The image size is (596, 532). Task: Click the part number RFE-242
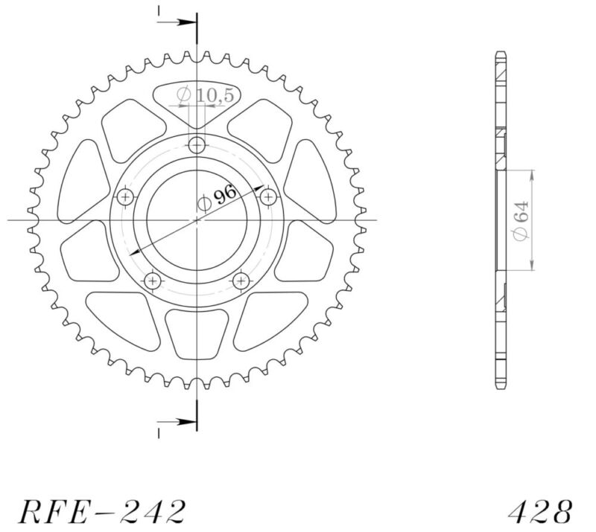pyautogui.click(x=101, y=511)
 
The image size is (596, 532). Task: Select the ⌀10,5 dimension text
pyautogui.click(x=197, y=94)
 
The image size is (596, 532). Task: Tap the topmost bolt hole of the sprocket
pyautogui.click(x=197, y=144)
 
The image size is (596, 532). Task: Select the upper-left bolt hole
pyautogui.click(x=125, y=196)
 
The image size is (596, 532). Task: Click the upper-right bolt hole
pyautogui.click(x=268, y=196)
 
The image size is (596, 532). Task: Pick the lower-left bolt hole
pyautogui.click(x=153, y=281)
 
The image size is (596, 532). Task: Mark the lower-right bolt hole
pyautogui.click(x=241, y=281)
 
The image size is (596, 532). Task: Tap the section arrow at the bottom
pyautogui.click(x=179, y=422)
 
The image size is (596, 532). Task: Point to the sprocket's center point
pyautogui.click(x=197, y=220)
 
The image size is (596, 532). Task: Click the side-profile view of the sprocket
pyautogui.click(x=501, y=220)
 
